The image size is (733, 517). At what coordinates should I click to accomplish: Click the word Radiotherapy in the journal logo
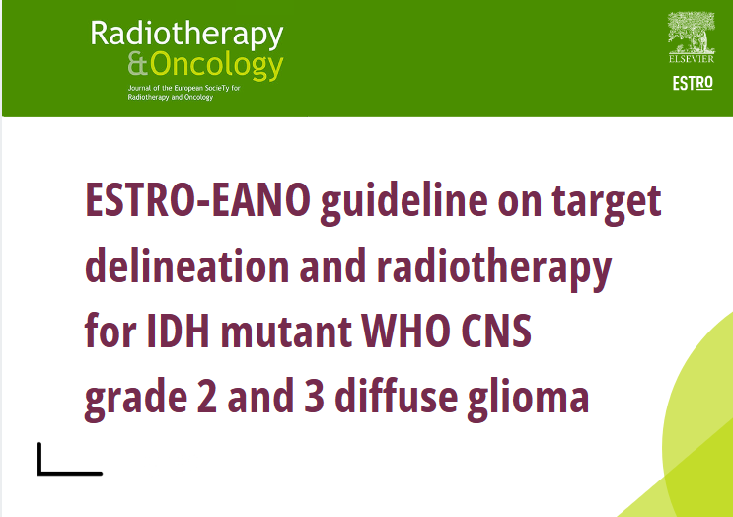coord(186,35)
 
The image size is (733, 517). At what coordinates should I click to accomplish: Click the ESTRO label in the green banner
coord(692,84)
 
